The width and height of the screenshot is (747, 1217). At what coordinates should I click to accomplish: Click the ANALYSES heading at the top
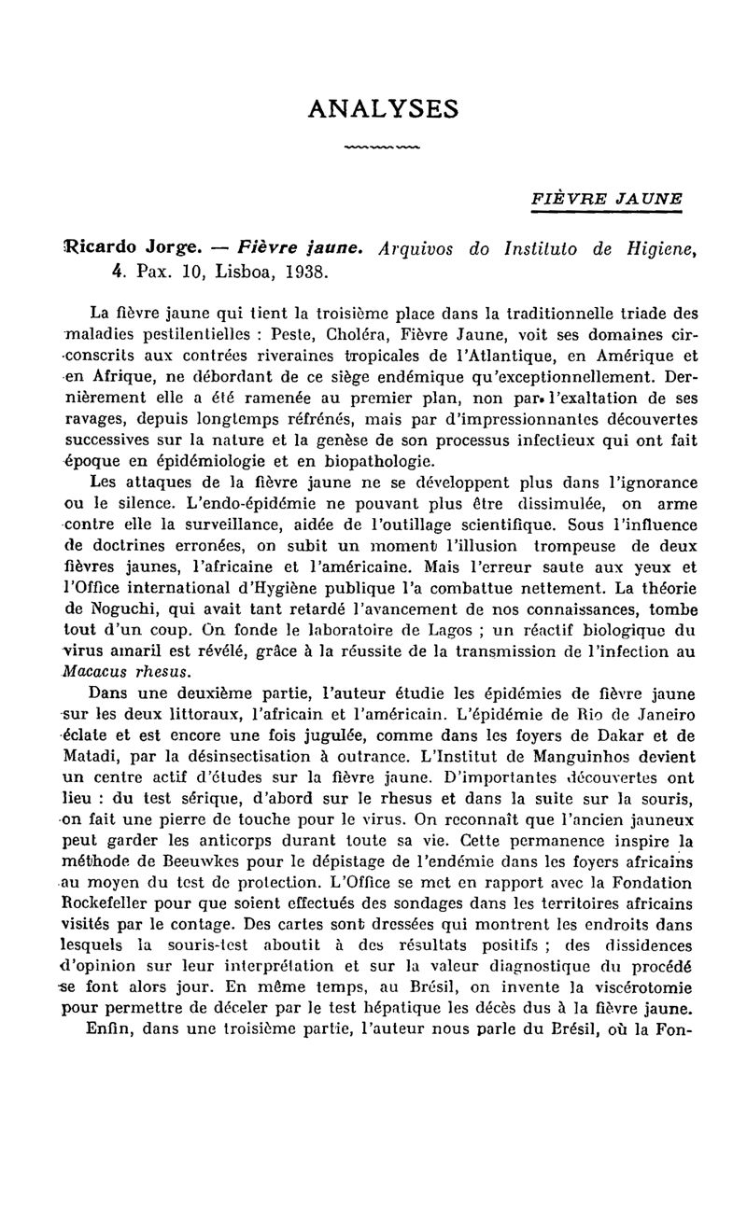pos(383,109)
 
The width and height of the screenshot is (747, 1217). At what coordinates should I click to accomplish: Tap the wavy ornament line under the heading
pos(382,147)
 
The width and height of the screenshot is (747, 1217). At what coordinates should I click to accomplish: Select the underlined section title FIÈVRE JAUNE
pos(607,199)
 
